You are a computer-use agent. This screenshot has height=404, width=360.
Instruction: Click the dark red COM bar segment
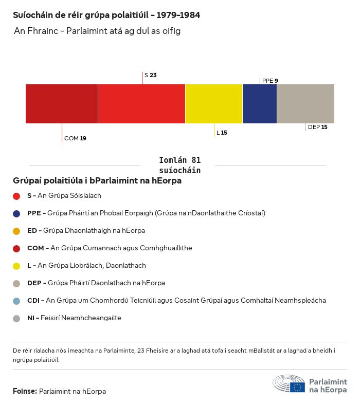62,104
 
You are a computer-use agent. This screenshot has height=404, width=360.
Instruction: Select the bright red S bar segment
141,104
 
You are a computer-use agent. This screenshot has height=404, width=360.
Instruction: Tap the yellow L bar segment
213,104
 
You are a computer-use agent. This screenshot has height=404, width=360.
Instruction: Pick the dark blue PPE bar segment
260,104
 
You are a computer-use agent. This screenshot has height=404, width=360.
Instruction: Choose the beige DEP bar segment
305,104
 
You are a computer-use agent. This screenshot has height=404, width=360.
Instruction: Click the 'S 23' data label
150,75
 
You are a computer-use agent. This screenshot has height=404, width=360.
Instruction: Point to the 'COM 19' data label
75,138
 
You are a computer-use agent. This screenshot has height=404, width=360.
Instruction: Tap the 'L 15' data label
222,133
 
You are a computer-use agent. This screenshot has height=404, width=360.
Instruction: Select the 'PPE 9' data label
270,81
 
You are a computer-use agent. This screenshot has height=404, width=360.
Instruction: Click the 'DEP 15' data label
317,127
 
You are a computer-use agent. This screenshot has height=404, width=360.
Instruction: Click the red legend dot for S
16,196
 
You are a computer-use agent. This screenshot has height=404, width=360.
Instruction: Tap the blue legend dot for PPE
16,213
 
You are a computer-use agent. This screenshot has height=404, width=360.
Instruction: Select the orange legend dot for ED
16,231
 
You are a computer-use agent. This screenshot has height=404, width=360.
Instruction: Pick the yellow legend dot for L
16,266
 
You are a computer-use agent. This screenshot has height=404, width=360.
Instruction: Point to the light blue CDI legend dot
16,301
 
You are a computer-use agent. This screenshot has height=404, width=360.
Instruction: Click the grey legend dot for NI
16,318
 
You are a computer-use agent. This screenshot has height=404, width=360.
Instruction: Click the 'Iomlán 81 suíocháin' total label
180,165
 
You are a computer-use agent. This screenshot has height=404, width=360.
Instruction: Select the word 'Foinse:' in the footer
25,391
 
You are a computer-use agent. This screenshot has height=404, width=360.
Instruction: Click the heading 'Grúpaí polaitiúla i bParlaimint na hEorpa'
97,181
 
